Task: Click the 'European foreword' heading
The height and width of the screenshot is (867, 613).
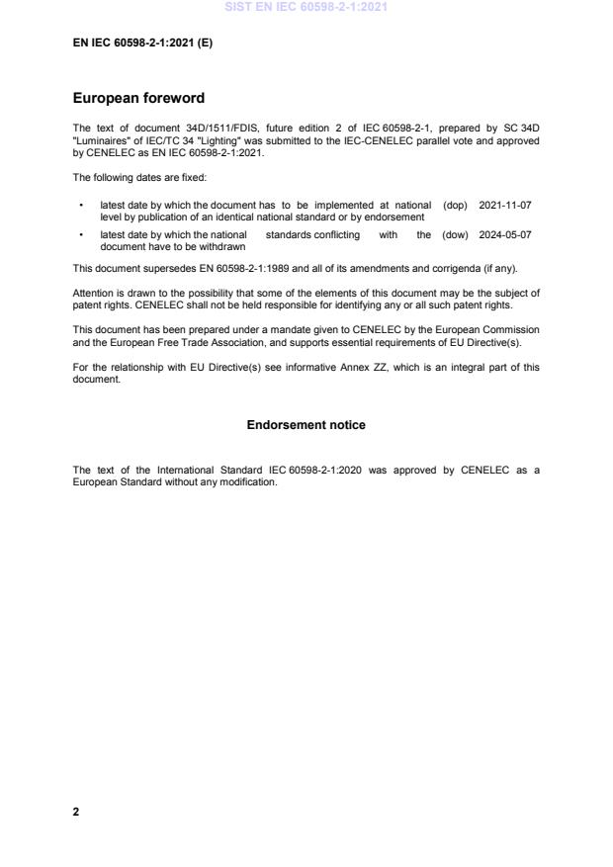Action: point(139,98)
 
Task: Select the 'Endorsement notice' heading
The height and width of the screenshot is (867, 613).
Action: point(306,425)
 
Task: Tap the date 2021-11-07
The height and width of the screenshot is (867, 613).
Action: point(505,206)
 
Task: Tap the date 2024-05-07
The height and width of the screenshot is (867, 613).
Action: point(505,235)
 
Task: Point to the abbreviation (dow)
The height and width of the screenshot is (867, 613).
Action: point(456,235)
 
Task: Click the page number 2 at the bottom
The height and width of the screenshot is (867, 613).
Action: point(76,812)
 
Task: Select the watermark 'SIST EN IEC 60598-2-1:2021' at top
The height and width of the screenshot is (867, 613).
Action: point(306,7)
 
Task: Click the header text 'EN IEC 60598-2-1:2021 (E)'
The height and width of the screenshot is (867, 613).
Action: point(142,43)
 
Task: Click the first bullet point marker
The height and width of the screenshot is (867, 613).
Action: point(80,206)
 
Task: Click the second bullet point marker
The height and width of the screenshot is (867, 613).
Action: point(80,235)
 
